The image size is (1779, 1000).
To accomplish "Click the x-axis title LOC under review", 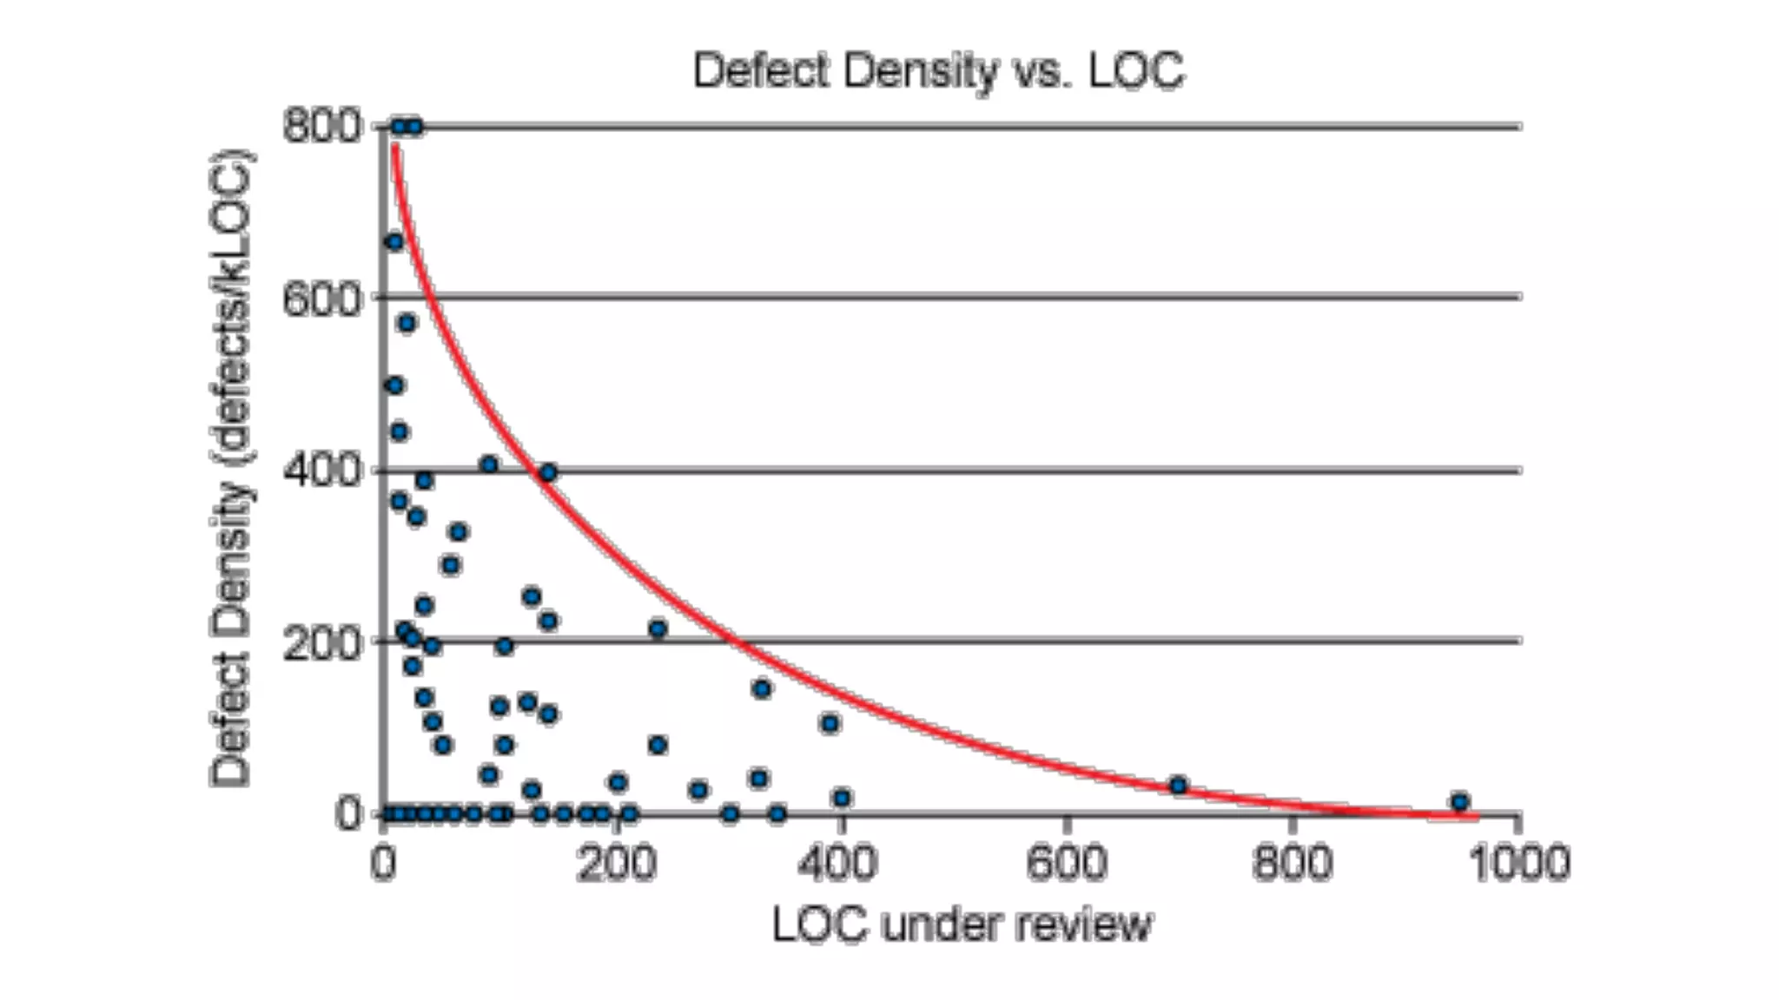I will (x=962, y=924).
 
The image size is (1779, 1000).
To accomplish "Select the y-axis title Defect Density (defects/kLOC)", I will (x=231, y=469).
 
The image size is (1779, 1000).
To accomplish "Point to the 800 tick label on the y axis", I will (x=321, y=127).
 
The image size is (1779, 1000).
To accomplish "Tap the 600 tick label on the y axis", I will (x=321, y=299).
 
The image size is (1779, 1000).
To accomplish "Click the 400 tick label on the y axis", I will (x=321, y=470).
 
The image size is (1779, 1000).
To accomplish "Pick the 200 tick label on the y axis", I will (x=321, y=643).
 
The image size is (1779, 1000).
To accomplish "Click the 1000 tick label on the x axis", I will (x=1518, y=865).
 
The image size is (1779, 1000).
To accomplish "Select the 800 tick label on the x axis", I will (x=1292, y=865).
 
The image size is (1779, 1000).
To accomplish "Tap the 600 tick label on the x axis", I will (x=1066, y=865).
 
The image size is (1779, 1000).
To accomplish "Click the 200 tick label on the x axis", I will (x=615, y=865).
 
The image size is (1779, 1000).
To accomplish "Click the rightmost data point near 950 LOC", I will (x=1459, y=802).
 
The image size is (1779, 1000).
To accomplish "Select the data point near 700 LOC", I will (x=1178, y=786).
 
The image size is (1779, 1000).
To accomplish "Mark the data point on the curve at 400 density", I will (x=547, y=473).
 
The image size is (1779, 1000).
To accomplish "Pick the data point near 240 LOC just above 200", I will (x=658, y=628).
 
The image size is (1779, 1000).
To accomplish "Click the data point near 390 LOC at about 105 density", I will (x=830, y=723).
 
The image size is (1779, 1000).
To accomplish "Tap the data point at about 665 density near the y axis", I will (x=394, y=242).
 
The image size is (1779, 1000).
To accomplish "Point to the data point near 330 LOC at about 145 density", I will (x=761, y=689).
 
